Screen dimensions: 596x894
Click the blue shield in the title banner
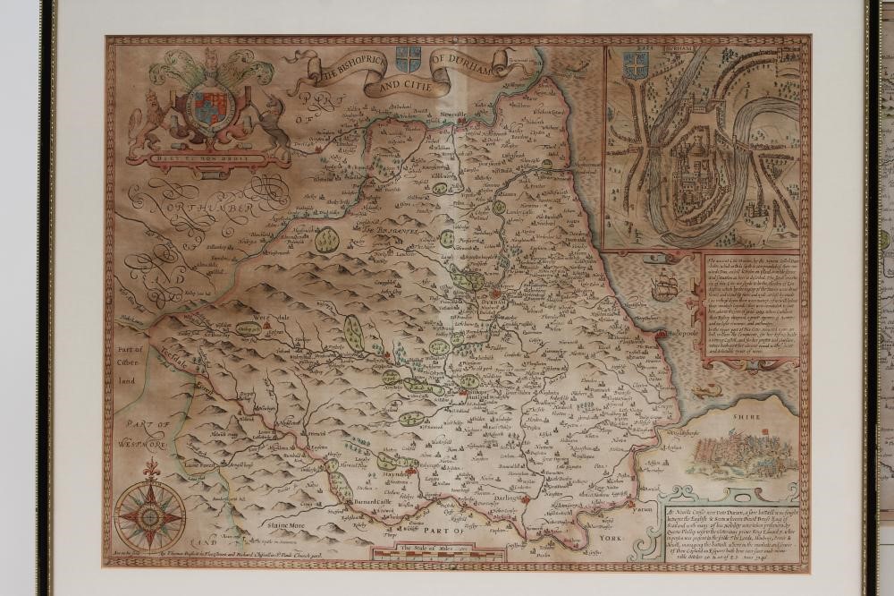click(408, 60)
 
